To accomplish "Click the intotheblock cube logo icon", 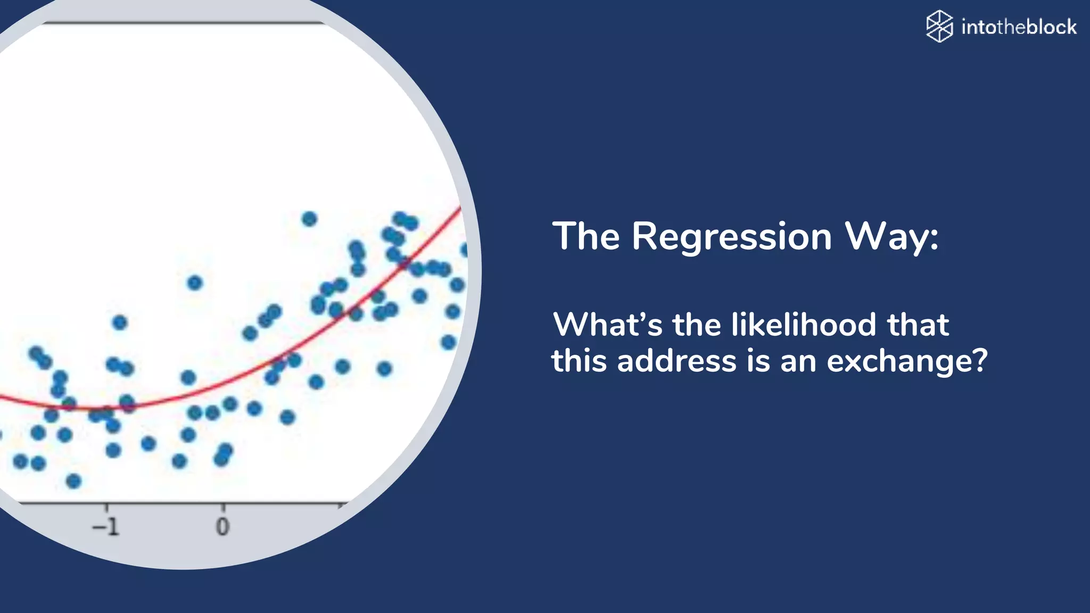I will coord(939,26).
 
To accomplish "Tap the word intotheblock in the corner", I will coord(1019,27).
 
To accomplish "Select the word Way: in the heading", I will coord(892,237).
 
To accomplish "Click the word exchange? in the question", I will coord(907,361).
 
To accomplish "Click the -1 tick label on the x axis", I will coord(106,527).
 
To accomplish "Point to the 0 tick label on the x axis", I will coord(223,527).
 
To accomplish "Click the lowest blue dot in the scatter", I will coord(73,481).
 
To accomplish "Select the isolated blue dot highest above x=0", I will coord(195,283).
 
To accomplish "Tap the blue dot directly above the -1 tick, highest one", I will coord(120,322).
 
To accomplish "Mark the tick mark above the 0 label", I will coord(223,507).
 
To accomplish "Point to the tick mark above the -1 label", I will coord(106,507).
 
